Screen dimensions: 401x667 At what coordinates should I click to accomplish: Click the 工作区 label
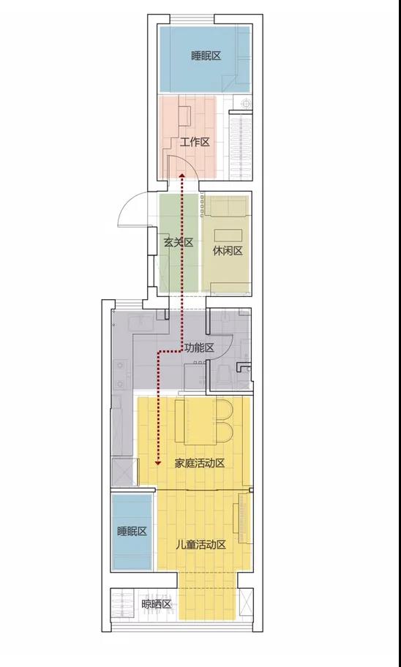(195, 142)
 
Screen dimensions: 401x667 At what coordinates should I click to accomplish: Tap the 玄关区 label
(179, 243)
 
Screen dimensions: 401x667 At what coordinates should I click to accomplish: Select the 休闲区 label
(228, 251)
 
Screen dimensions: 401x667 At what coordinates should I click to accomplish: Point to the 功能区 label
(199, 348)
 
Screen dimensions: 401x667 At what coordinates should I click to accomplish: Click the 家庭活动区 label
(200, 463)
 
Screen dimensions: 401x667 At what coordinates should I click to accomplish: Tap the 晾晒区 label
(156, 604)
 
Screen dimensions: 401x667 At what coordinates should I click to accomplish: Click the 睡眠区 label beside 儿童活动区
(132, 531)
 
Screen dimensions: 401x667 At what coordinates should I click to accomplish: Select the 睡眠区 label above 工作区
(206, 56)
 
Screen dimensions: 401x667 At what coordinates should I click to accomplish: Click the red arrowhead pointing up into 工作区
(181, 175)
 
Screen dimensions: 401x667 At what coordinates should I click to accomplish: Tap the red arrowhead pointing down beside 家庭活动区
(157, 463)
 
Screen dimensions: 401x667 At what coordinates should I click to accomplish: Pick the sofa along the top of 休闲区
(227, 206)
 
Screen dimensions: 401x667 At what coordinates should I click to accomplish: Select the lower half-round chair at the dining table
(225, 432)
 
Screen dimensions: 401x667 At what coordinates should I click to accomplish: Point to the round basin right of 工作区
(246, 103)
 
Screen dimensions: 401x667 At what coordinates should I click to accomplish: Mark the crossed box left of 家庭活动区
(124, 472)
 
